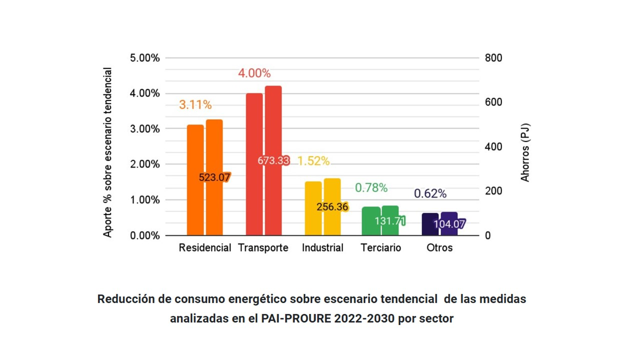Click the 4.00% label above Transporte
(x=254, y=73)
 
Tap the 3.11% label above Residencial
(x=195, y=105)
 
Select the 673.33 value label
(x=273, y=161)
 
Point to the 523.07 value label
(x=214, y=177)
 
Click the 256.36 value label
(x=332, y=206)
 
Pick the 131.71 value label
(x=389, y=220)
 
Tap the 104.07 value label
(x=449, y=224)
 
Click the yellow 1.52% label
(x=313, y=161)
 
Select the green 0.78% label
(x=371, y=188)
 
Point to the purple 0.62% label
(x=430, y=193)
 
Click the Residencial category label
(x=205, y=248)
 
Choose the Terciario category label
(x=380, y=248)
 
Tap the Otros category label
(x=439, y=248)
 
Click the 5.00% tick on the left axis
(x=145, y=58)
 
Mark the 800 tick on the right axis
(x=493, y=58)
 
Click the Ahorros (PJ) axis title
(x=525, y=152)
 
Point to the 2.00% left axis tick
(x=145, y=164)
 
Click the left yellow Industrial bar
(x=313, y=208)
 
